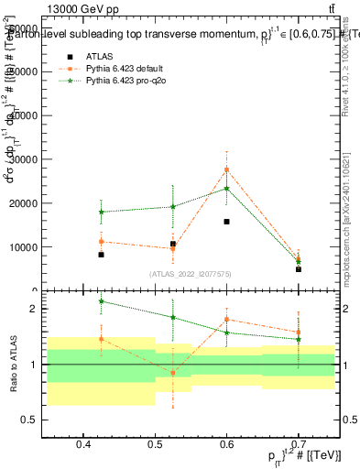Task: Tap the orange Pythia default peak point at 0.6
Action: click(x=227, y=169)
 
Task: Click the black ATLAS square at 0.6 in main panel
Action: click(x=227, y=222)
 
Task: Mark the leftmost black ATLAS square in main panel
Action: click(x=101, y=255)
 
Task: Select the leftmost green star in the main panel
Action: click(x=101, y=212)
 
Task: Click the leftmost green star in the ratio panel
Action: click(x=101, y=301)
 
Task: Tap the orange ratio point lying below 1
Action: click(x=172, y=373)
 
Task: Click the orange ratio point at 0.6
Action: click(x=227, y=320)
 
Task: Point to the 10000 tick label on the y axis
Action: click(x=48, y=247)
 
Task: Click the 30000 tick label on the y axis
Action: click(x=48, y=159)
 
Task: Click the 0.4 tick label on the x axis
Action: click(x=83, y=444)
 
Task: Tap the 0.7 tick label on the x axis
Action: click(x=298, y=444)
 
